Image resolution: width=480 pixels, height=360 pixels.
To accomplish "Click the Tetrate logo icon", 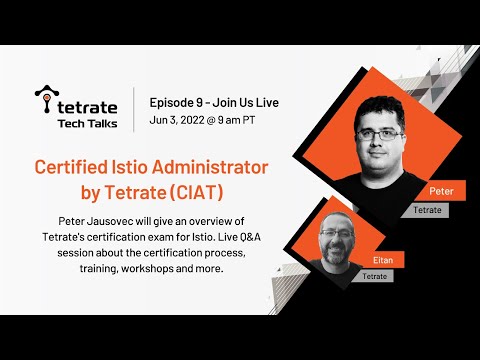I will click(43, 98).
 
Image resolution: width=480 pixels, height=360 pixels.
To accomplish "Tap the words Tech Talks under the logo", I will click(86, 122).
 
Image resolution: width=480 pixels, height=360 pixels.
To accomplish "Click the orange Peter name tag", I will click(441, 190).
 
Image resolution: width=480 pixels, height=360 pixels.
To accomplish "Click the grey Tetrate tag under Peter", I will click(424, 210).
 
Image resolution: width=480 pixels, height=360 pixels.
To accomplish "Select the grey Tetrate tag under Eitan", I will click(374, 275).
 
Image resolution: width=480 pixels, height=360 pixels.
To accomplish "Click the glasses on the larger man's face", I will click(379, 133).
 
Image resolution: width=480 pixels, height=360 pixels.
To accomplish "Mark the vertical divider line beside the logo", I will click(135, 109).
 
